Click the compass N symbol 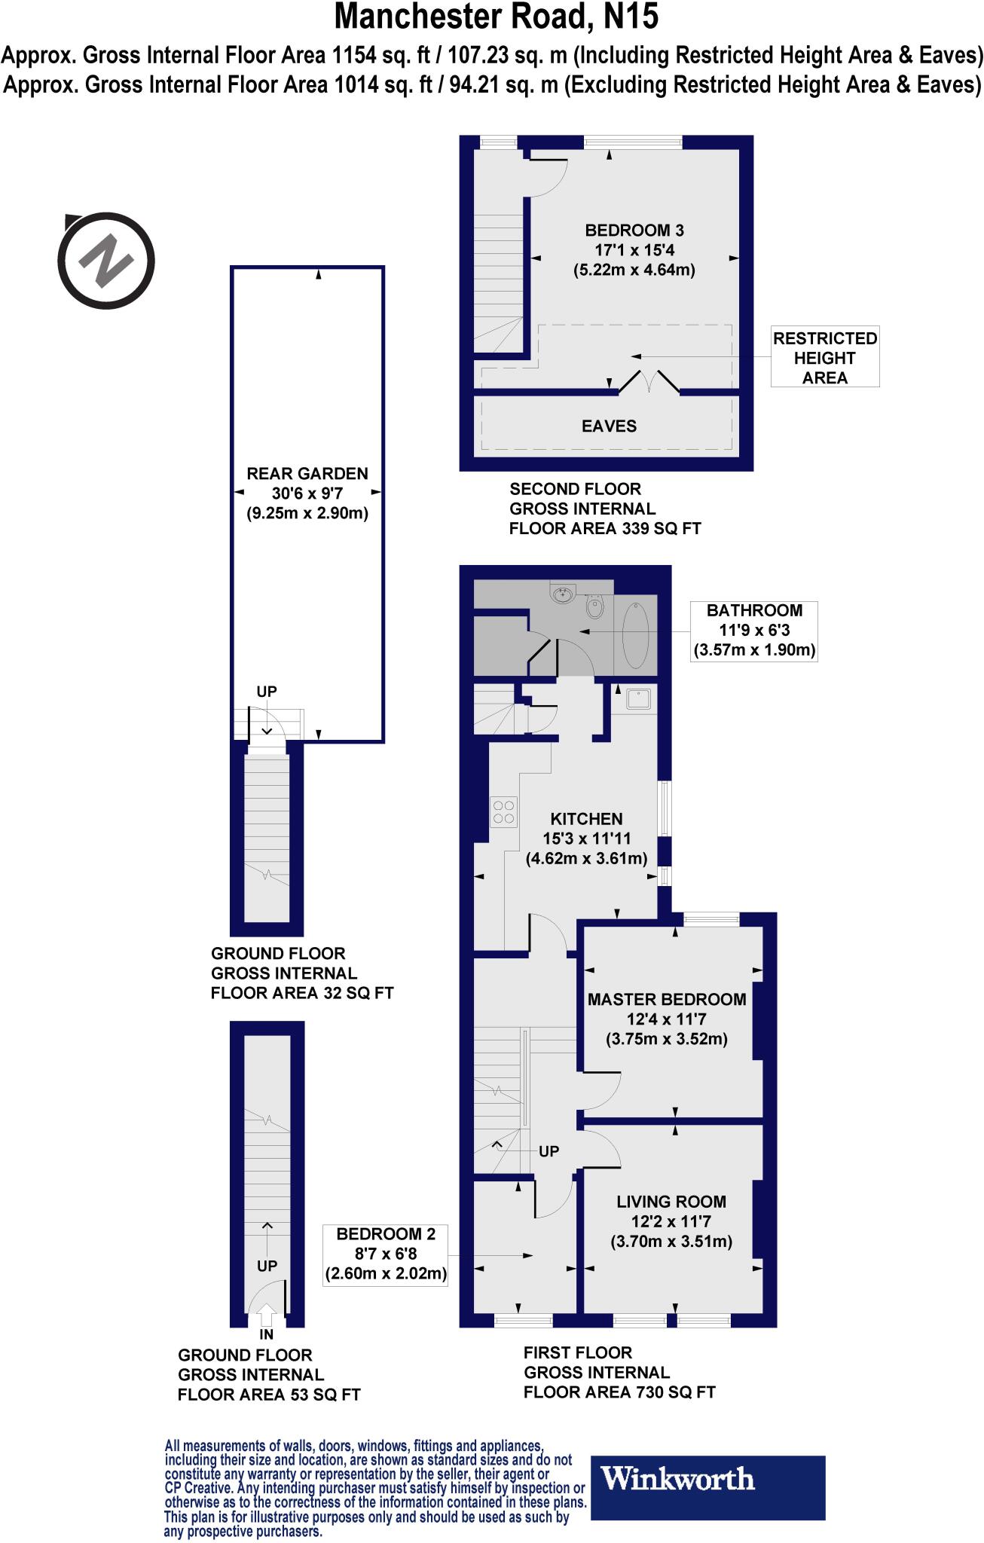pyautogui.click(x=107, y=261)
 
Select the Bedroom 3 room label pyautogui.click(x=634, y=231)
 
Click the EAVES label pyautogui.click(x=609, y=426)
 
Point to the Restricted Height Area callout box pyautogui.click(x=824, y=358)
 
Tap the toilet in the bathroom pyautogui.click(x=594, y=605)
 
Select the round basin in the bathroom pyautogui.click(x=563, y=594)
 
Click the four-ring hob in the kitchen pyautogui.click(x=503, y=812)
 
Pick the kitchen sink pyautogui.click(x=639, y=700)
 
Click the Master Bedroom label pyautogui.click(x=667, y=1000)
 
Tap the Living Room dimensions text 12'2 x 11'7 pyautogui.click(x=671, y=1222)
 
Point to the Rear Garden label pyautogui.click(x=307, y=474)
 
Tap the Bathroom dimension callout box pyautogui.click(x=753, y=631)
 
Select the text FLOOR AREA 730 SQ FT pyautogui.click(x=619, y=1392)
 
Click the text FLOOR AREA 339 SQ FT pyautogui.click(x=605, y=529)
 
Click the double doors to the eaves pyautogui.click(x=649, y=382)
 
